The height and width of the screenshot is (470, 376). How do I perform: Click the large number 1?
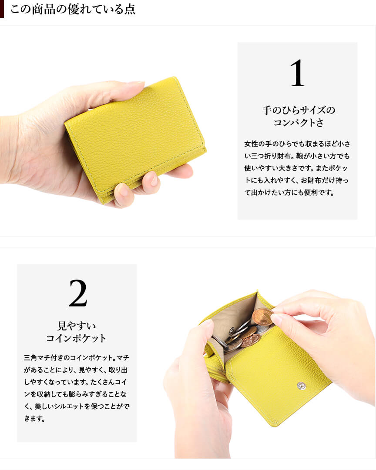pyautogui.click(x=297, y=73)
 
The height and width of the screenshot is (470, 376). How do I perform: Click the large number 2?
pyautogui.click(x=78, y=293)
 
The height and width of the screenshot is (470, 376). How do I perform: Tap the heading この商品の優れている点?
pyautogui.click(x=73, y=9)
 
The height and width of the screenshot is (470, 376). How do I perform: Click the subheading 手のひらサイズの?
pyautogui.click(x=298, y=110)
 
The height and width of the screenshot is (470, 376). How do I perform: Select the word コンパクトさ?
pyautogui.click(x=298, y=122)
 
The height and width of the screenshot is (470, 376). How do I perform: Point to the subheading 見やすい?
pyautogui.click(x=77, y=326)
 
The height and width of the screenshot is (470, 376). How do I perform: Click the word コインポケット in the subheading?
pyautogui.click(x=76, y=338)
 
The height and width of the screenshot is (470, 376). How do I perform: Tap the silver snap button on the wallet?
pyautogui.click(x=301, y=386)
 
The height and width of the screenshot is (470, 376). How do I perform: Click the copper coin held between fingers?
pyautogui.click(x=262, y=317)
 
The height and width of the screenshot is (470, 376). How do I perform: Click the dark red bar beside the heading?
pyautogui.click(x=2, y=9)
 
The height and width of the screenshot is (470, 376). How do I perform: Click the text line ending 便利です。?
pyautogui.click(x=289, y=193)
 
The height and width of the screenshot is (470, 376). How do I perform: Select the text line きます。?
pyautogui.click(x=34, y=418)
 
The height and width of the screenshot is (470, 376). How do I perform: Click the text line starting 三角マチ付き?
pyautogui.click(x=77, y=357)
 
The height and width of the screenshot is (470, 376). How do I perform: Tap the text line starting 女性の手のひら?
pyautogui.click(x=297, y=144)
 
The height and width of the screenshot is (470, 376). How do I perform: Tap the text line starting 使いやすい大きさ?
pyautogui.click(x=296, y=168)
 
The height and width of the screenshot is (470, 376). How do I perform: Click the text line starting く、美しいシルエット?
pyautogui.click(x=77, y=406)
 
